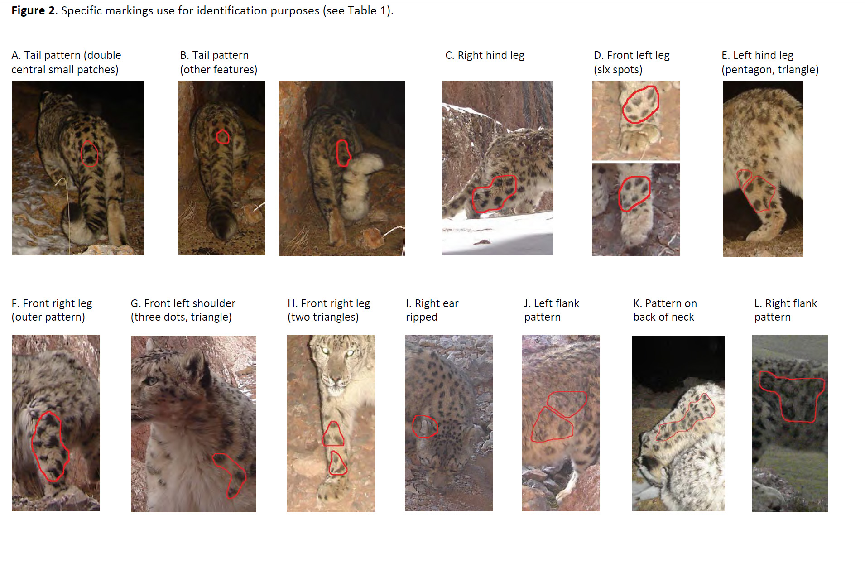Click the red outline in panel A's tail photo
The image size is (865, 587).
coord(81,154)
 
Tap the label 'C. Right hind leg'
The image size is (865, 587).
coord(485,55)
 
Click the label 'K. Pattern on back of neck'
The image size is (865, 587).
coord(665,310)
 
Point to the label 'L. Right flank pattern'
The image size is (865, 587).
coord(785,310)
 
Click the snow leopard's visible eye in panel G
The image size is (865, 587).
coord(151,381)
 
